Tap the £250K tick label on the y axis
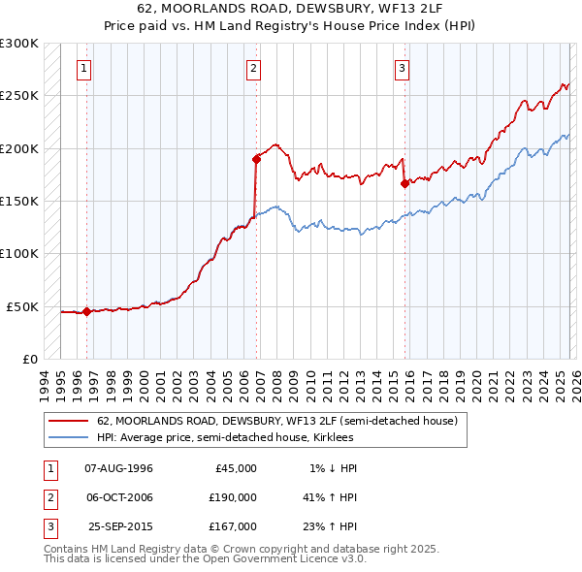pyautogui.click(x=19, y=96)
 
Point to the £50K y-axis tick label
pyautogui.click(x=22, y=306)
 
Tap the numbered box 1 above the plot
pyautogui.click(x=85, y=68)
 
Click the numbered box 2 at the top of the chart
pyautogui.click(x=253, y=68)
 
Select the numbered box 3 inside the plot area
pyautogui.click(x=402, y=68)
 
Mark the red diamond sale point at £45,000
pyautogui.click(x=87, y=311)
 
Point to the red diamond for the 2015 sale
pyautogui.click(x=404, y=183)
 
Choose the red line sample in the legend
pyautogui.click(x=69, y=422)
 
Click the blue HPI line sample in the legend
pyautogui.click(x=69, y=437)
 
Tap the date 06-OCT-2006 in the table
pyautogui.click(x=119, y=497)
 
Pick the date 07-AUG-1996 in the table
pyautogui.click(x=119, y=468)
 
